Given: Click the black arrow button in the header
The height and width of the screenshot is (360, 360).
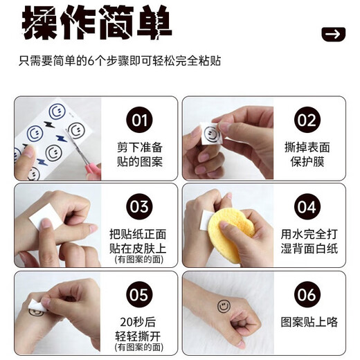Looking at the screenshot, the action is (x=334, y=34).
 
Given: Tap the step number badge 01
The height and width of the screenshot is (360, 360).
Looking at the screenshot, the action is (x=139, y=120).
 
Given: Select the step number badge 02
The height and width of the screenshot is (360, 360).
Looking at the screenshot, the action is (x=307, y=120).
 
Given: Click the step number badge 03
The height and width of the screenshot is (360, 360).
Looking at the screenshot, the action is (x=139, y=206).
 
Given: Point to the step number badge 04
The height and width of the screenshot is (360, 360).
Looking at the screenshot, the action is (x=307, y=206).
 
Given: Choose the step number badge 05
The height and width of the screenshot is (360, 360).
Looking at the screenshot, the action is (x=139, y=294).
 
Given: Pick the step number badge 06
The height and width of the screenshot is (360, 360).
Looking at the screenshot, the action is (x=307, y=294).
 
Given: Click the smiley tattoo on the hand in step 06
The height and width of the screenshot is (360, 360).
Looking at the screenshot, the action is (x=224, y=306).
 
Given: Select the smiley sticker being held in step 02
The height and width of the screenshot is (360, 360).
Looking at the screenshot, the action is (x=212, y=134).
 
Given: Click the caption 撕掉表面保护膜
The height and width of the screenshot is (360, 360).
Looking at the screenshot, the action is (x=307, y=154).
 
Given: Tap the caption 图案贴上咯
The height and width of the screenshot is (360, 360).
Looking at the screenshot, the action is (x=309, y=322).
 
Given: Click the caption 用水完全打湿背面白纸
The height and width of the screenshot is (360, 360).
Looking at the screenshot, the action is (x=309, y=241).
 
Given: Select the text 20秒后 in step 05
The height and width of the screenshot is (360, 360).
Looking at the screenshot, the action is (x=138, y=322).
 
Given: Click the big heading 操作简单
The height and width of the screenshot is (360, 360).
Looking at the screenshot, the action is (x=97, y=23).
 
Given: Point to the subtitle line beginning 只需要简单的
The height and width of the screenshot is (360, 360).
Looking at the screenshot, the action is (x=120, y=61).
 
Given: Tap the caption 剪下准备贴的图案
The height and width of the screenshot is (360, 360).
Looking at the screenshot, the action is (x=140, y=154).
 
